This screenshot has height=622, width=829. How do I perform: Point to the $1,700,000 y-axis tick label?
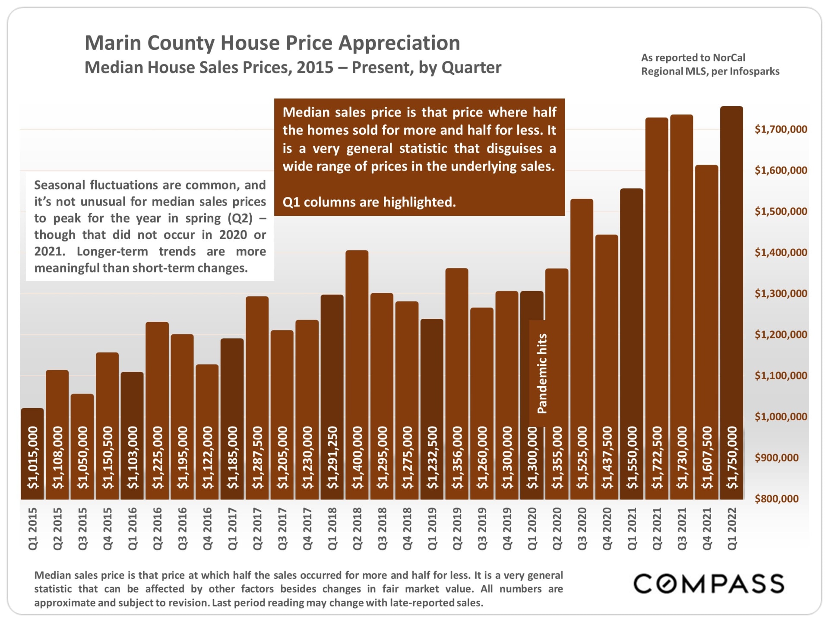click(x=781, y=129)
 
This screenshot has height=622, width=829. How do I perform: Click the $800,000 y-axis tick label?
click(x=776, y=499)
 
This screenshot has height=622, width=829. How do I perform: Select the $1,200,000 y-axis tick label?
click(x=781, y=334)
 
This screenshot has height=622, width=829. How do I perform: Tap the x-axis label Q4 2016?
click(x=207, y=529)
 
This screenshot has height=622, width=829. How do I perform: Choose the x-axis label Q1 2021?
click(x=632, y=529)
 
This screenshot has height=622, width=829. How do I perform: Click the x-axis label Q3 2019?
click(x=482, y=529)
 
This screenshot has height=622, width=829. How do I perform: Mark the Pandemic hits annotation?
click(x=542, y=374)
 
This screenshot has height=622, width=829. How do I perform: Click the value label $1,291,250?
click(x=332, y=458)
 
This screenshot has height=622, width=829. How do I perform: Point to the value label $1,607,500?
click(x=707, y=458)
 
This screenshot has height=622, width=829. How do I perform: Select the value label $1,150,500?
click(x=108, y=458)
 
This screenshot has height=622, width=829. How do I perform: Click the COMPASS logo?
click(x=709, y=584)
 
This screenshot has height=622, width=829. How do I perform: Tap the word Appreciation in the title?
click(x=399, y=43)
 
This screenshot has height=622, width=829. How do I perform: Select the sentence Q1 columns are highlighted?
click(x=369, y=202)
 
